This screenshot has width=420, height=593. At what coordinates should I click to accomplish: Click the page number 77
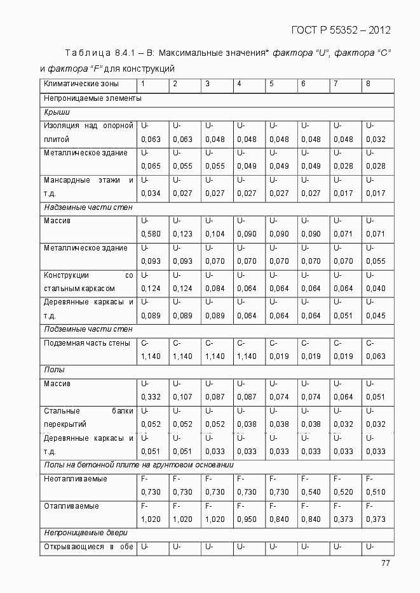click(386, 563)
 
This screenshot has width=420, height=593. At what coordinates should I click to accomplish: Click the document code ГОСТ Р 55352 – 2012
click(341, 30)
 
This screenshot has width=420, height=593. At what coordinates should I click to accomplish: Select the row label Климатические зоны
click(80, 84)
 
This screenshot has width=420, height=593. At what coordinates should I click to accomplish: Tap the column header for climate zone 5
click(271, 84)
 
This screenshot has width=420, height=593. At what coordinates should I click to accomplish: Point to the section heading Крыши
click(57, 112)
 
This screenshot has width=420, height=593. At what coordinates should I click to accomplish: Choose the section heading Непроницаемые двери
click(86, 533)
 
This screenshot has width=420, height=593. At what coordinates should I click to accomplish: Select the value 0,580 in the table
click(151, 234)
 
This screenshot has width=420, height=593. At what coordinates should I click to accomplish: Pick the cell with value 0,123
click(182, 234)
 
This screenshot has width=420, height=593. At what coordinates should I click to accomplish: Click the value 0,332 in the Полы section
click(151, 397)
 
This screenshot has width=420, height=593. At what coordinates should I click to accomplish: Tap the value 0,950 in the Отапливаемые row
click(247, 519)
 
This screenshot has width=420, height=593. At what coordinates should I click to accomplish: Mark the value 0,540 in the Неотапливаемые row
click(311, 492)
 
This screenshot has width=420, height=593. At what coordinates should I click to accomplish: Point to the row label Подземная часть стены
click(87, 343)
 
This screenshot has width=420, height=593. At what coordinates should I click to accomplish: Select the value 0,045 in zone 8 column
click(376, 316)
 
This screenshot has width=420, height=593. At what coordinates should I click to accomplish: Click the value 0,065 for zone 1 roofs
click(151, 166)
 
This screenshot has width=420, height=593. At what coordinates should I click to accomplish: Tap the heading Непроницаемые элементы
click(92, 98)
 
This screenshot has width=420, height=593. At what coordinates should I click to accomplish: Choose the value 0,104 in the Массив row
click(215, 234)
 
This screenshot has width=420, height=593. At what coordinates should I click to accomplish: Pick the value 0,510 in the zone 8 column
click(376, 492)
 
